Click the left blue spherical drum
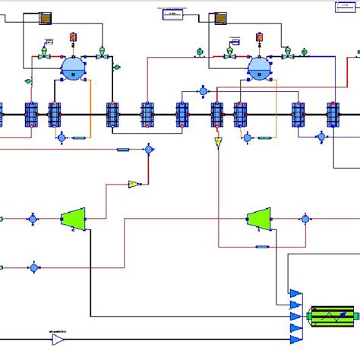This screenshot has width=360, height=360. [74, 68]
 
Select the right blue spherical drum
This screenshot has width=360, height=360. [259, 68]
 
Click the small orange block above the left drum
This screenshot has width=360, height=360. [74, 36]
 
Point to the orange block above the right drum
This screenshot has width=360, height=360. [259, 36]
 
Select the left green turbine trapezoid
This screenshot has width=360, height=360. [73, 219]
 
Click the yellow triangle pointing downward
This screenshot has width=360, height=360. [218, 143]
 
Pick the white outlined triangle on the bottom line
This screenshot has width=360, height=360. [58, 339]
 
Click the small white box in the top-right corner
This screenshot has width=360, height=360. [345, 7]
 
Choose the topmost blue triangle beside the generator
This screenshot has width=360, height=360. [295, 293]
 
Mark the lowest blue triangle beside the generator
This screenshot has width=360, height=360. [295, 339]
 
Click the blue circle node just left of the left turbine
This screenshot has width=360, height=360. [33, 219]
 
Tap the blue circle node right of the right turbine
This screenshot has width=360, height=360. [305, 219]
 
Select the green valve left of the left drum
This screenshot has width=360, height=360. [45, 56]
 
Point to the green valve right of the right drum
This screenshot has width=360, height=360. [288, 56]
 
